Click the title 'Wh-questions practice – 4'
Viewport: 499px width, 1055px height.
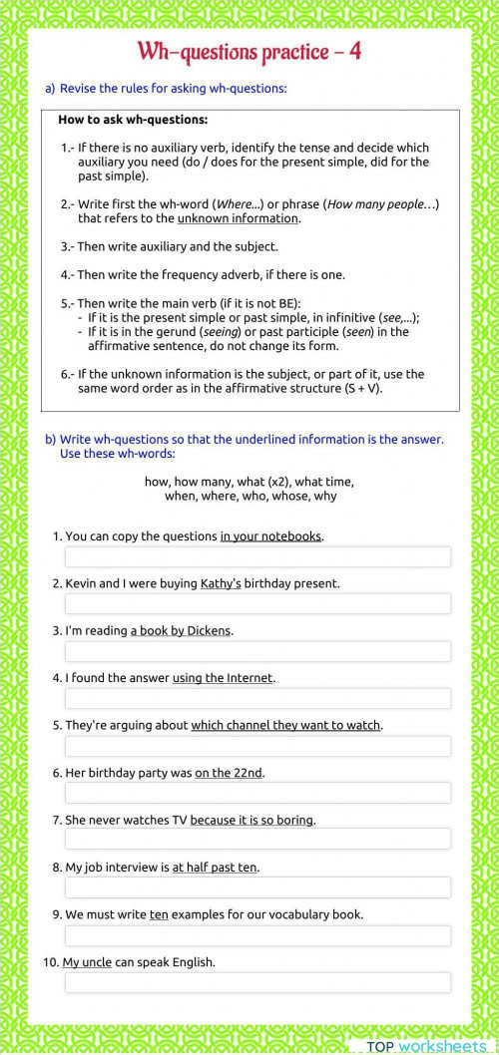coord(249,52)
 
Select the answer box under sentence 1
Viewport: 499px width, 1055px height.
coord(257,556)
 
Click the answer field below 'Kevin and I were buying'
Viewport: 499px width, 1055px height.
coord(257,603)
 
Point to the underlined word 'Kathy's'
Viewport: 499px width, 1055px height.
coord(221,583)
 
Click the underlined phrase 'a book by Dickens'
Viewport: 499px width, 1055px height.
coord(181,630)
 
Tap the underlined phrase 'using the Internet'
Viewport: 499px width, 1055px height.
coord(223,678)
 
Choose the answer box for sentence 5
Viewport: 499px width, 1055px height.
coord(257,746)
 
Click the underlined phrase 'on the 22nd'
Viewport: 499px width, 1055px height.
coord(230,773)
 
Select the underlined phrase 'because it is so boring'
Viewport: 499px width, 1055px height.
coord(252,820)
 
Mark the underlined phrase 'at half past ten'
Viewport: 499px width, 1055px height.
coord(215,868)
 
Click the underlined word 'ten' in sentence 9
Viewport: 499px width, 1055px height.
coord(159,914)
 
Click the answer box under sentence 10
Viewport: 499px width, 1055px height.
coord(257,983)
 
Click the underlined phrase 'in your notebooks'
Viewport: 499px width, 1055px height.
coord(270,536)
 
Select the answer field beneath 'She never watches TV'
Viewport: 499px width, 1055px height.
coord(257,841)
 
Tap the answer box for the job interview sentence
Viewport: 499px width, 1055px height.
coord(257,887)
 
